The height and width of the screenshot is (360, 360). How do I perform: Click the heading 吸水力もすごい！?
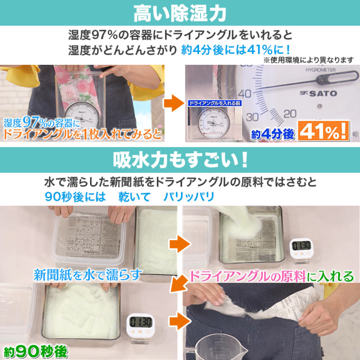(180, 160)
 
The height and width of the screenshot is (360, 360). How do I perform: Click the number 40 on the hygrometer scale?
(247, 94)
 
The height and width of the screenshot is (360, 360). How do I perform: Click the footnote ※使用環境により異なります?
(308, 60)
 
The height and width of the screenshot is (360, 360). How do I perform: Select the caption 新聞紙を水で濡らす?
(88, 275)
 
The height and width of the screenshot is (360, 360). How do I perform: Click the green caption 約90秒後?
(36, 352)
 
